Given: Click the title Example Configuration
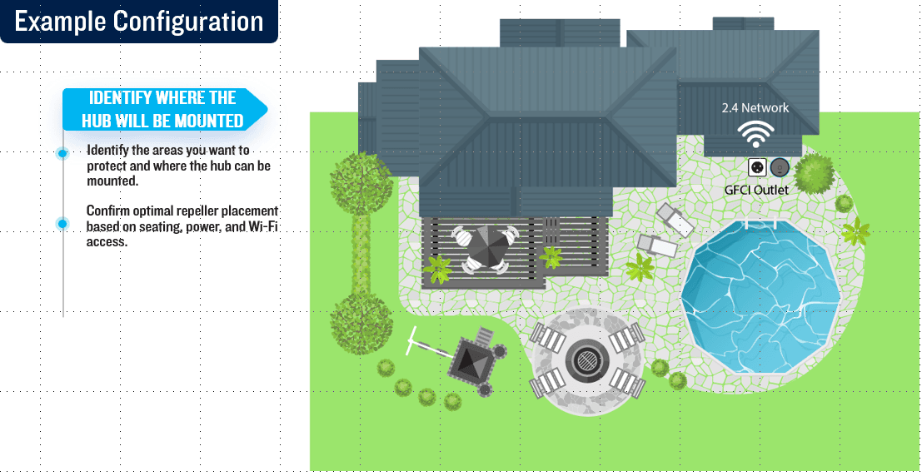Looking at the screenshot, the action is click(139, 22).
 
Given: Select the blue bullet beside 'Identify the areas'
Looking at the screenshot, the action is click(62, 153).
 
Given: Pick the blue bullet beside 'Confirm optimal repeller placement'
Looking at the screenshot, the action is click(62, 224).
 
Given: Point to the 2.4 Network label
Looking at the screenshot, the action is click(755, 107).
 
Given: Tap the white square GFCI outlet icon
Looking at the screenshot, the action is click(757, 167).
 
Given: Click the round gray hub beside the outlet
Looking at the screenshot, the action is click(779, 167).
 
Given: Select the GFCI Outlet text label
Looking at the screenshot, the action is click(756, 190).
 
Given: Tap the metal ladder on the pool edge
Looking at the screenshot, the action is click(764, 224).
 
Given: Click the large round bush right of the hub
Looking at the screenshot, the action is click(815, 173).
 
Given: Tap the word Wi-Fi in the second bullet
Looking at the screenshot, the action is click(262, 226).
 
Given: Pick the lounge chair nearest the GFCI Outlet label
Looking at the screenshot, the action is click(675, 219).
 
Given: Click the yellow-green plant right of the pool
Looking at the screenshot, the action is click(855, 231).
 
